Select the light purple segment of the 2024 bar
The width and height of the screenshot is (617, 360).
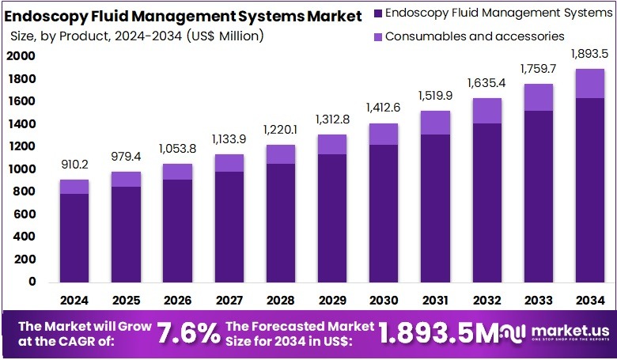(74, 187)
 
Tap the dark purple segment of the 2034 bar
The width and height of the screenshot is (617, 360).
(590, 190)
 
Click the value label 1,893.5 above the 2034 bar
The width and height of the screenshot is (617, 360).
(590, 55)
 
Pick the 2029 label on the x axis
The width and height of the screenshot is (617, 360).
(332, 301)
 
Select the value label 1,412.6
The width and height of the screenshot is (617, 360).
(384, 107)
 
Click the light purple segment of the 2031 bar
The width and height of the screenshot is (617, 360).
(435, 123)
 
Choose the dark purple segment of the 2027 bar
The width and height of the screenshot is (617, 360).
(229, 226)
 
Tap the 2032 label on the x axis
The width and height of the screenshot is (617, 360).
(486, 301)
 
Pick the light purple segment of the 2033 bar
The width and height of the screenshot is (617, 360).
(538, 97)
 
